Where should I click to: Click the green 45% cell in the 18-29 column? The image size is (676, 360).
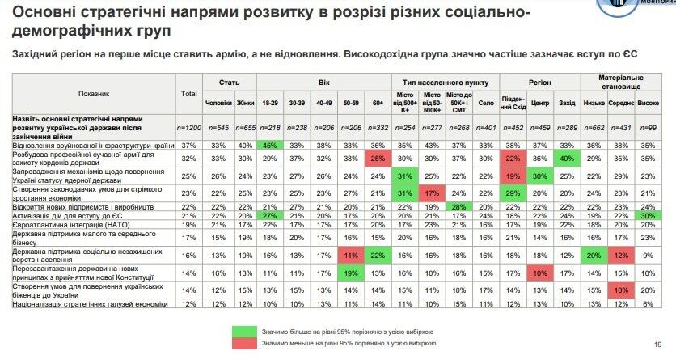tap(272, 145)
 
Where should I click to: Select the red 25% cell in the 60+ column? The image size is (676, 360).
tap(378, 159)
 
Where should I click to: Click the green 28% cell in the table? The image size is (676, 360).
tap(458, 208)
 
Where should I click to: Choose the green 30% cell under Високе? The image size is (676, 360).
tap(648, 215)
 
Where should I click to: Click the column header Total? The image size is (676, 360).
tap(189, 94)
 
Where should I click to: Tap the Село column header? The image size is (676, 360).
tap(485, 103)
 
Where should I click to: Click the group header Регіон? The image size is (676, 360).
tap(539, 83)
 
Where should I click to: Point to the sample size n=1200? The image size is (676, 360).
tap(189, 128)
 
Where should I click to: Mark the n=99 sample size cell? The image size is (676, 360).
tap(648, 128)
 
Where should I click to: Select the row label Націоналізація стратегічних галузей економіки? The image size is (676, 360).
tap(89, 303)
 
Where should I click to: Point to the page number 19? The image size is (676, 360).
tap(657, 345)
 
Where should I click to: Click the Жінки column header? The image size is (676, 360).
tap(245, 103)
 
